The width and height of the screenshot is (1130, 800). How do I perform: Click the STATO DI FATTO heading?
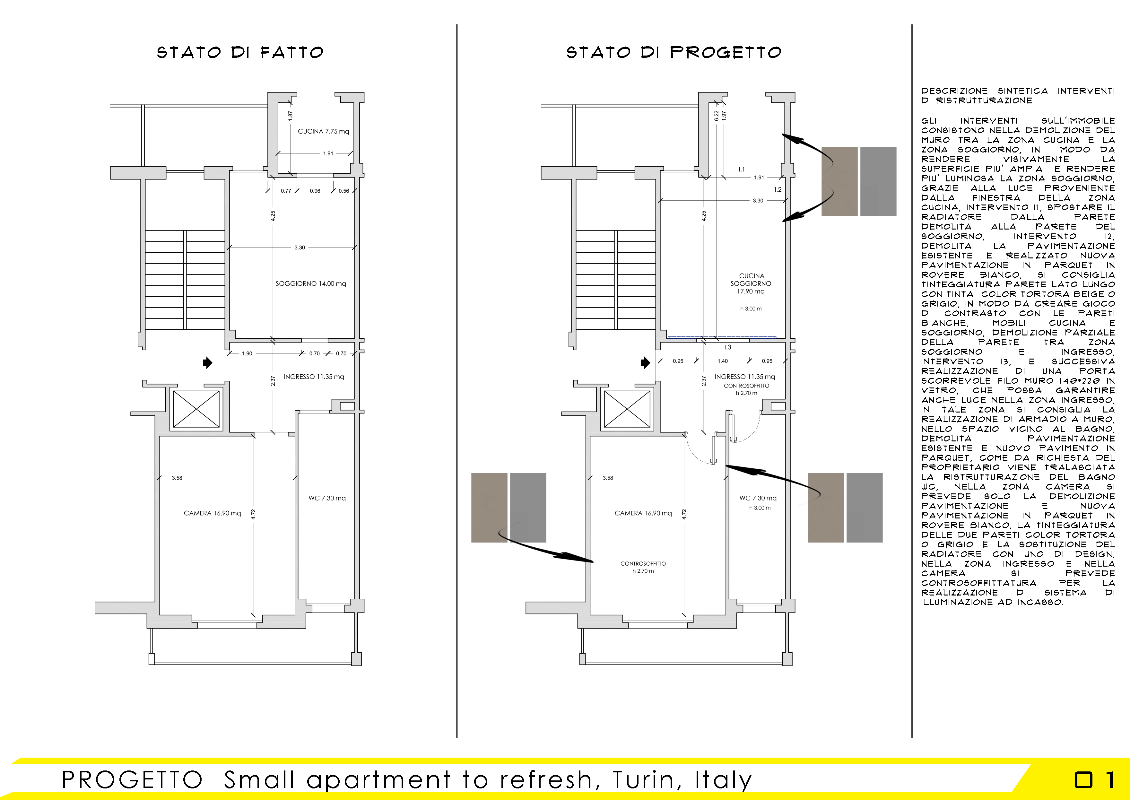(x=240, y=52)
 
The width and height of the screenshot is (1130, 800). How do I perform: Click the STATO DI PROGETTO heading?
(x=674, y=52)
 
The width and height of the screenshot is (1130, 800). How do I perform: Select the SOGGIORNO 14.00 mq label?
(x=311, y=284)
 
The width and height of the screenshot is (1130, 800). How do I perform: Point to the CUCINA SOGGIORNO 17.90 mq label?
(x=751, y=284)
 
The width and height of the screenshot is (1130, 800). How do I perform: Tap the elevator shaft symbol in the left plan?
(x=196, y=409)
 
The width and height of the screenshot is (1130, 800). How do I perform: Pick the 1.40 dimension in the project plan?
(x=723, y=361)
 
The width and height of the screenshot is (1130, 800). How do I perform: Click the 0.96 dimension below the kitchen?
(x=315, y=191)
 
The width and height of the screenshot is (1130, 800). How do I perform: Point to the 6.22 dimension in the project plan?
(x=716, y=116)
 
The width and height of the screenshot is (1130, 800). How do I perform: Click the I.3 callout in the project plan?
(x=727, y=347)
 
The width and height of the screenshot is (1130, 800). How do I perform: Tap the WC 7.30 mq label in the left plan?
(x=327, y=498)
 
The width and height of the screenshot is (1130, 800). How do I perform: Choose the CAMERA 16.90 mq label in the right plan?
(x=643, y=513)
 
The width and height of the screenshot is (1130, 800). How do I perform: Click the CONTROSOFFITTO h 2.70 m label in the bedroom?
(x=643, y=567)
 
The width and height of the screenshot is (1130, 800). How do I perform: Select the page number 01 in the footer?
(x=1094, y=780)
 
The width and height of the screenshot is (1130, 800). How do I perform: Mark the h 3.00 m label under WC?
(x=760, y=508)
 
